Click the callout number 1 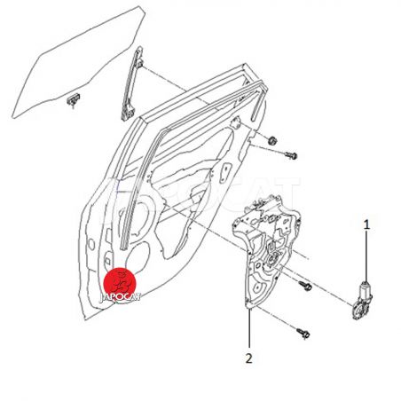(366, 224)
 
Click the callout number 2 (249, 358)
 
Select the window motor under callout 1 (363, 301)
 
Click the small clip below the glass (73, 99)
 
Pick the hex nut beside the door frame (271, 140)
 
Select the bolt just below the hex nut (291, 155)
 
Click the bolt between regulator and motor (305, 286)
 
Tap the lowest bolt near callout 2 (303, 333)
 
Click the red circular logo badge (120, 283)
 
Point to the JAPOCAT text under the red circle (120, 297)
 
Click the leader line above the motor (366, 256)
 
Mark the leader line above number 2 (249, 328)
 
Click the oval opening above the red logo (138, 257)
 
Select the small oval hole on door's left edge (91, 245)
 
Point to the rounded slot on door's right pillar (224, 173)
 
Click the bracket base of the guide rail (128, 113)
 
